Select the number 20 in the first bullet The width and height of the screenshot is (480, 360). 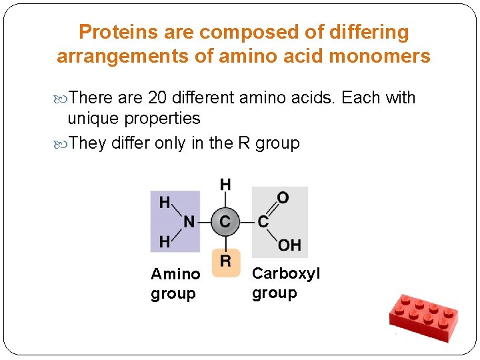pyautogui.click(x=157, y=98)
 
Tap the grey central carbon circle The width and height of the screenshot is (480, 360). pyautogui.click(x=225, y=221)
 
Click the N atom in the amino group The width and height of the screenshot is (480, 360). pyautogui.click(x=189, y=221)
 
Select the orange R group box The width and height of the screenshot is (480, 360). pyautogui.click(x=225, y=261)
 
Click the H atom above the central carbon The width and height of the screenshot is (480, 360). pyautogui.click(x=225, y=184)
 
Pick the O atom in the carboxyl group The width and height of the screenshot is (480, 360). pyautogui.click(x=283, y=198)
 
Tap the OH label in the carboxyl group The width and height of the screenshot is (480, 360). pyautogui.click(x=289, y=245)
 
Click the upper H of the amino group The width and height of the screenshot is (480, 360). pyautogui.click(x=164, y=202)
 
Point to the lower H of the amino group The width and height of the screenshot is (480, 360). pyautogui.click(x=164, y=241)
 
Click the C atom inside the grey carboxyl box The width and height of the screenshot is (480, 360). pyautogui.click(x=263, y=221)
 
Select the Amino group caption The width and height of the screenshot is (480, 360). pyautogui.click(x=175, y=283)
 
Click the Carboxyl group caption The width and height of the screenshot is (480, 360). pyautogui.click(x=285, y=283)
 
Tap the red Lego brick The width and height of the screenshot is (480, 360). pyautogui.click(x=423, y=315)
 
